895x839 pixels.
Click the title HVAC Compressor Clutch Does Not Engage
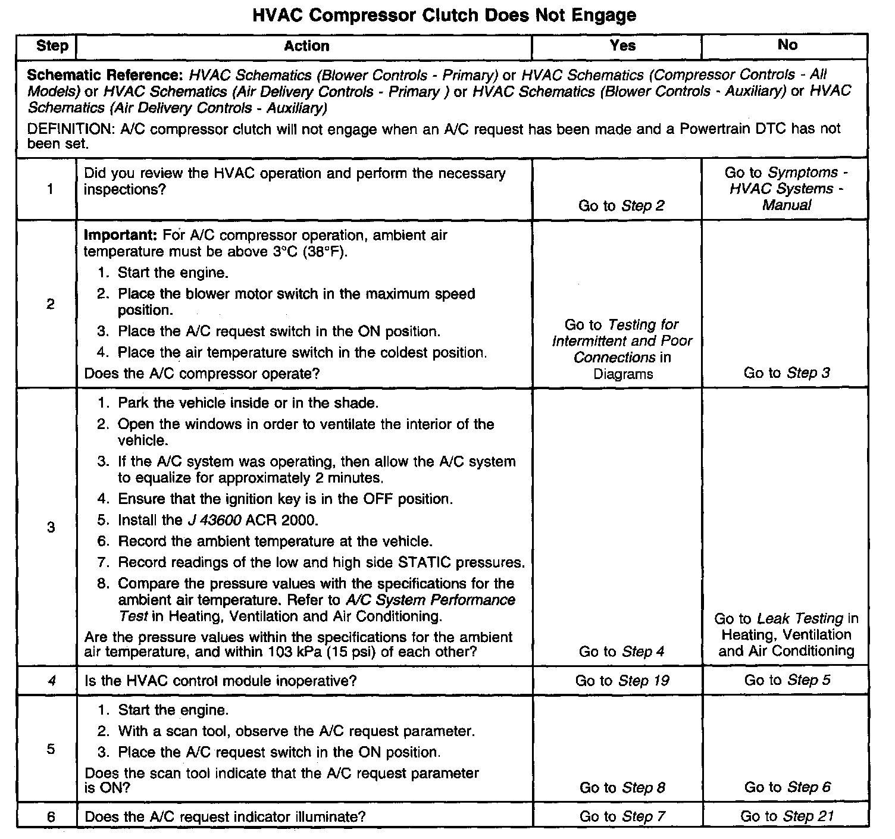(445, 15)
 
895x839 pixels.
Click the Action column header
(306, 46)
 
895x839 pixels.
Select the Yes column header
(622, 46)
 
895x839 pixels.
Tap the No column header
(787, 45)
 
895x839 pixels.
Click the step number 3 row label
(51, 527)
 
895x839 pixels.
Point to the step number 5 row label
(51, 749)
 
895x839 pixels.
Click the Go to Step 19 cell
(622, 681)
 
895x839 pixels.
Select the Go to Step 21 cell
(787, 816)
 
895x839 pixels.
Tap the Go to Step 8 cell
(622, 788)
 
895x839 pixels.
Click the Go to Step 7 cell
(622, 816)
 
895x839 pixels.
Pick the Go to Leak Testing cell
(786, 635)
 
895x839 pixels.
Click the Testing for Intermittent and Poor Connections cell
(622, 349)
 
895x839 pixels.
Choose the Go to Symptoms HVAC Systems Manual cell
(786, 189)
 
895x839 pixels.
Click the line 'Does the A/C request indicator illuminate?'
(225, 817)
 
